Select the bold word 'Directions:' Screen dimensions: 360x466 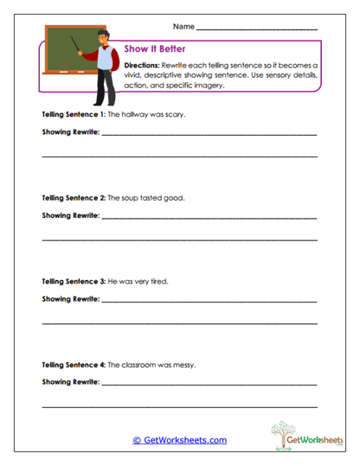142,66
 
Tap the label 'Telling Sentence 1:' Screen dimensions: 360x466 74,114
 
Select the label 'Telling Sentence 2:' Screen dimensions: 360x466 74,197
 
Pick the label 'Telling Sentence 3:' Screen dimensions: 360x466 74,281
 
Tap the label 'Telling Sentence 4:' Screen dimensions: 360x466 74,364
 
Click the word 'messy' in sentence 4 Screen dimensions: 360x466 184,364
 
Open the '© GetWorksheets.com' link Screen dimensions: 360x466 179,440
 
